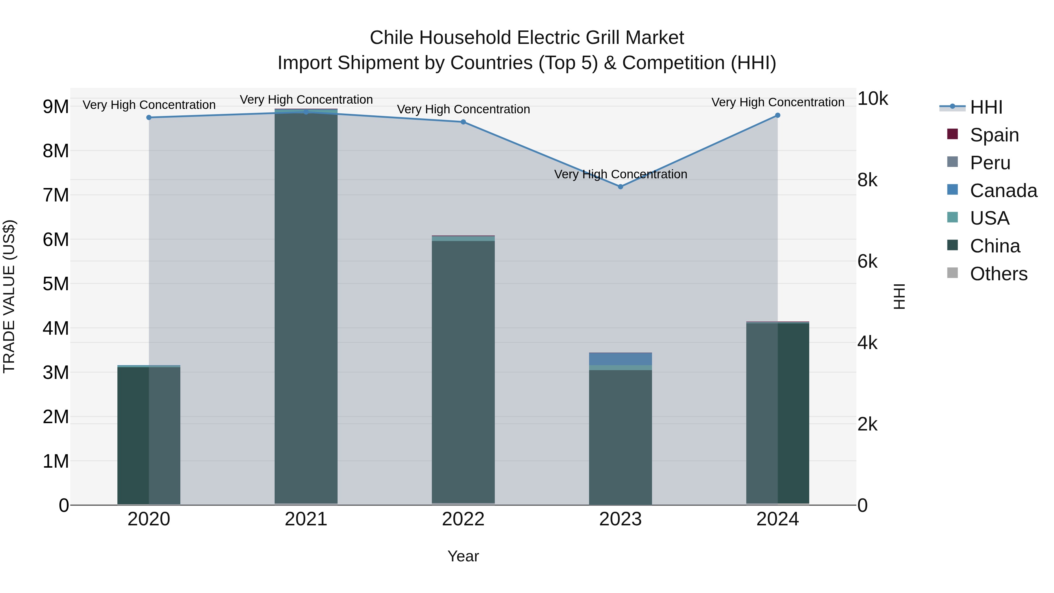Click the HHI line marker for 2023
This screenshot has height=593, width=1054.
coord(620,187)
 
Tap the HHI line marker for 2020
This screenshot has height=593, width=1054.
coord(149,117)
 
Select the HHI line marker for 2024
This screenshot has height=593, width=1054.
coord(777,115)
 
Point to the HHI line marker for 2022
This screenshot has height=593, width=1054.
coord(463,122)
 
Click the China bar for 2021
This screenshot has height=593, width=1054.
coord(306,307)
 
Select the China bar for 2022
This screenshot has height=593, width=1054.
coord(463,372)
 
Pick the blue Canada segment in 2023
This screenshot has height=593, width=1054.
coord(620,359)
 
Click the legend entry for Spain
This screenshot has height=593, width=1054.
coord(994,135)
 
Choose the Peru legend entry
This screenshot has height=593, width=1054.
coord(990,163)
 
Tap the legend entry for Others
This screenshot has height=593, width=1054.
coord(998,274)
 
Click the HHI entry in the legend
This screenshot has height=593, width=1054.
coord(986,107)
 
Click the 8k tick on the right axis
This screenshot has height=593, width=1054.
coord(868,180)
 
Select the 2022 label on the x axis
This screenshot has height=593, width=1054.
coord(463,519)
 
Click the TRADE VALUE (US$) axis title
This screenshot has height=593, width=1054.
coord(9,296)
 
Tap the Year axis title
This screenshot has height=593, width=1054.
coord(463,556)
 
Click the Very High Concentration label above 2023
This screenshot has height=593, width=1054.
coord(620,174)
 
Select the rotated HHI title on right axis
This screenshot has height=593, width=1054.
coord(900,296)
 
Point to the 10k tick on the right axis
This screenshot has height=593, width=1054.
coord(872,99)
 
